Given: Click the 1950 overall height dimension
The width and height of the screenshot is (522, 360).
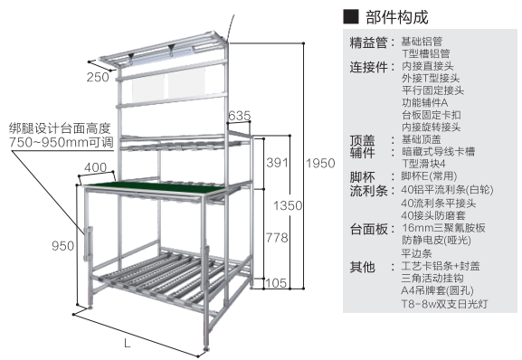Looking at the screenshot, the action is pyautogui.click(x=320, y=164).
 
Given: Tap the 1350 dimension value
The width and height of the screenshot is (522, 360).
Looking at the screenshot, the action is pyautogui.click(x=288, y=205).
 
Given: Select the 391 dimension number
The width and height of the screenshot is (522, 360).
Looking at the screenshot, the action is pyautogui.click(x=277, y=163).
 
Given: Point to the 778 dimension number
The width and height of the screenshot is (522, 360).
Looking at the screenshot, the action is pyautogui.click(x=277, y=238).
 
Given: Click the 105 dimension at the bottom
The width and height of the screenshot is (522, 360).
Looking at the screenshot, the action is pyautogui.click(x=276, y=283).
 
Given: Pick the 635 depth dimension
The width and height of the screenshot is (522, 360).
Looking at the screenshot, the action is pyautogui.click(x=240, y=116).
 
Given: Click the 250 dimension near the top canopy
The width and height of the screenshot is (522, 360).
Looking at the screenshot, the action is pyautogui.click(x=98, y=77).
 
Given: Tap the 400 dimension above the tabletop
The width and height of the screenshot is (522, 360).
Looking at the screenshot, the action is pyautogui.click(x=96, y=167).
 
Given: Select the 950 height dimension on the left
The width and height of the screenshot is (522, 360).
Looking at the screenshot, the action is pyautogui.click(x=63, y=246).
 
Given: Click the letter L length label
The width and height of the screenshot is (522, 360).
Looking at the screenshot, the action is pyautogui.click(x=128, y=343).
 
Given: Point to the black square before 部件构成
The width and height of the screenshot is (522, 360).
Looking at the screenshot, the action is pyautogui.click(x=351, y=16).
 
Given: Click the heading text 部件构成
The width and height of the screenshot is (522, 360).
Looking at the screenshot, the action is pyautogui.click(x=397, y=17).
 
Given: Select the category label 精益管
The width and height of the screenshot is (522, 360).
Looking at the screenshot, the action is pyautogui.click(x=368, y=43).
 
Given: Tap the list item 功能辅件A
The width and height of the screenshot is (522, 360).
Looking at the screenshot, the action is pyautogui.click(x=425, y=102).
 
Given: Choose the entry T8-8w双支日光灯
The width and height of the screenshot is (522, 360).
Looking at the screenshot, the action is pyautogui.click(x=444, y=304).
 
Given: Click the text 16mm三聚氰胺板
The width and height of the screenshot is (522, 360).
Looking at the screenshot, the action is pyautogui.click(x=443, y=228).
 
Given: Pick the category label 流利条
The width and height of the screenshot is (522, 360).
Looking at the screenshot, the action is pyautogui.click(x=368, y=191).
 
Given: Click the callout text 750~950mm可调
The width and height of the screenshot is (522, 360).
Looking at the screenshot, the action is pyautogui.click(x=61, y=142).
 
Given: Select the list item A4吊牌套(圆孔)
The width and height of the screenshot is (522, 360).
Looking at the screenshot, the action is pyautogui.click(x=438, y=290).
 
